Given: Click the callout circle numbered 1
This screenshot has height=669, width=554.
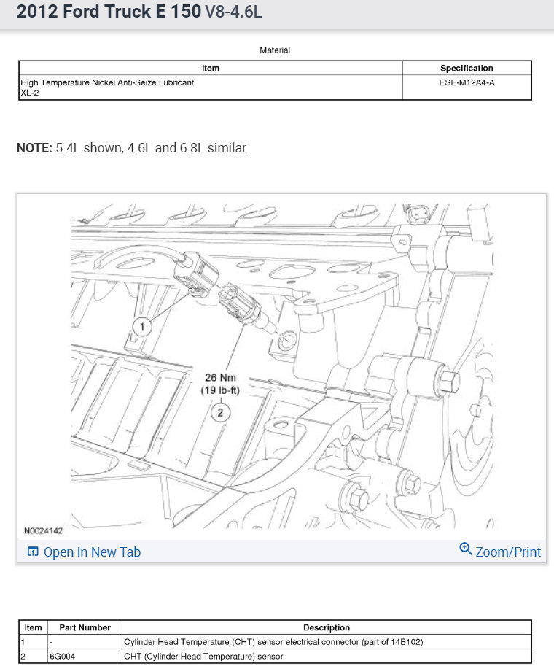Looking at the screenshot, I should pos(142,327).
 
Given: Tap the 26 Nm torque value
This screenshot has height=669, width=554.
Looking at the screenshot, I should pos(220,378).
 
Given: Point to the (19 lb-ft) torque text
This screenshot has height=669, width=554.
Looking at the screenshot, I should pos(220,390).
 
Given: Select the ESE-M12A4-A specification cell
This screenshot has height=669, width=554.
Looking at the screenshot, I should pos(467,82).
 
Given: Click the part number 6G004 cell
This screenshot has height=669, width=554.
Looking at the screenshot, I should pos(63,656).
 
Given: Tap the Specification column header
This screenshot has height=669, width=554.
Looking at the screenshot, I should pos(467,69).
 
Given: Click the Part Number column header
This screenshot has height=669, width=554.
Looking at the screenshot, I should pos(85,627).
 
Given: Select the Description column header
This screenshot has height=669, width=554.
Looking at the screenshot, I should pos(327,627).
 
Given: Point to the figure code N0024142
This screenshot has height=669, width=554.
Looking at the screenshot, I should pos(44,531).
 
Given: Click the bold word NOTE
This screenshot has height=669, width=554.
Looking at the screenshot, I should pos(34,148).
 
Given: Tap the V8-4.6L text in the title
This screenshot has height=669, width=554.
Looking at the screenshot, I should pos(233,12).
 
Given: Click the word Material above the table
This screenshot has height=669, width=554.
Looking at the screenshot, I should pos(275,50).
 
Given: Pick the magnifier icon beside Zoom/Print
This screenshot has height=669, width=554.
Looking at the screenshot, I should pos(466,549).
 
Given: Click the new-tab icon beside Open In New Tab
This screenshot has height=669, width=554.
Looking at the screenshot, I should pos(33,552).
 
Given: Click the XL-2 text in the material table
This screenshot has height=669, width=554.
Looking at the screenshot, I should pos(31,93).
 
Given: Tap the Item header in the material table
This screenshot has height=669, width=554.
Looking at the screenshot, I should pos(210,69).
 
